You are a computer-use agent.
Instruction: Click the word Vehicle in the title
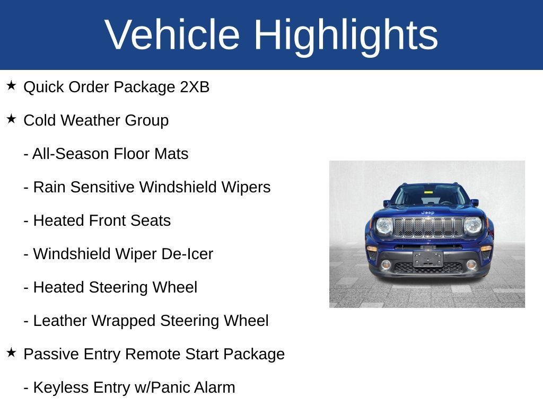click(x=172, y=34)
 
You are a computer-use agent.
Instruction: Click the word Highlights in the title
click(x=346, y=36)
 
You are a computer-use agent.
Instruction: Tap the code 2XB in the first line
click(x=195, y=87)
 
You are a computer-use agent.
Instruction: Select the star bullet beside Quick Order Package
click(x=11, y=85)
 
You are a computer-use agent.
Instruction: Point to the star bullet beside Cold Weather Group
click(x=11, y=119)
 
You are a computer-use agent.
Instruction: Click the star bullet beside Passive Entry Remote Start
click(x=11, y=352)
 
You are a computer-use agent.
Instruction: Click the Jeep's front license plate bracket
click(x=428, y=258)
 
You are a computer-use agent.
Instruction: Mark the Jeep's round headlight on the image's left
click(x=384, y=226)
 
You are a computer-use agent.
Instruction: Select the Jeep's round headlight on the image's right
click(x=472, y=226)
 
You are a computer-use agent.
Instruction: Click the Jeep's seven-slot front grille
click(x=428, y=227)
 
